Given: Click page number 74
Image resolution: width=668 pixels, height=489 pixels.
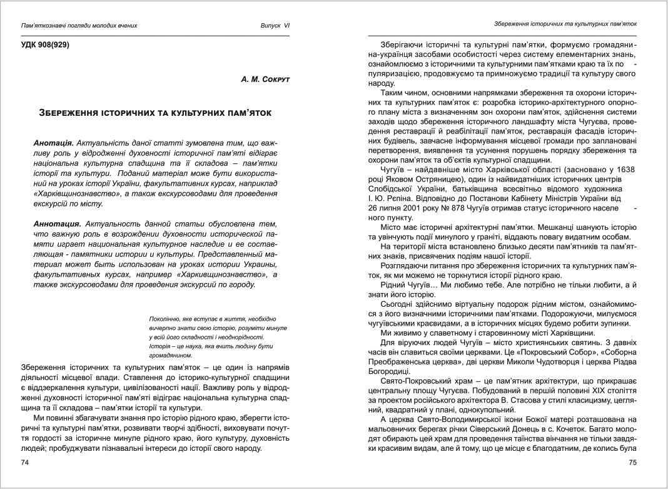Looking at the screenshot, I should (26, 462).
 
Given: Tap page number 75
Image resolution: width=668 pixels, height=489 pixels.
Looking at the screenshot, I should (632, 462).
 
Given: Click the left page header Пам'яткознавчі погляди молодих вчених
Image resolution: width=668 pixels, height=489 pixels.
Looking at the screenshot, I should (79, 26).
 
